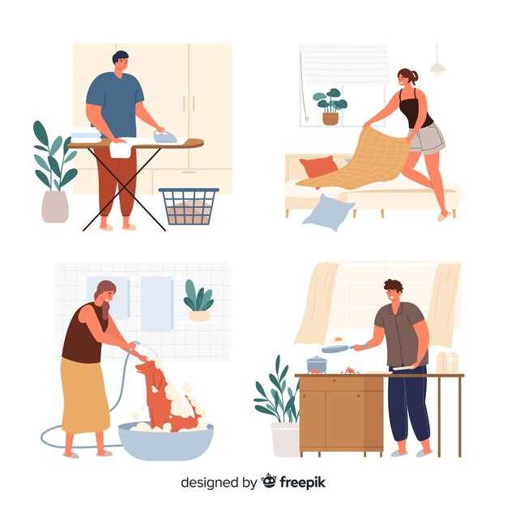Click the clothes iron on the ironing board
tap(165, 136)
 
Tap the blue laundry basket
tap(190, 207)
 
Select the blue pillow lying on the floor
tap(328, 212)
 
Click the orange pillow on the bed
tap(318, 167)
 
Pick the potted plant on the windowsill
tap(330, 106)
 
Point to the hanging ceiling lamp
tap(437, 67)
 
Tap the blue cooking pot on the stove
tap(317, 364)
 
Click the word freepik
tap(303, 483)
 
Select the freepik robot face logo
tap(269, 481)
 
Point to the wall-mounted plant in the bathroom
tap(198, 300)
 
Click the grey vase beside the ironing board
tap(55, 207)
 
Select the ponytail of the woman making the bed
tap(415, 76)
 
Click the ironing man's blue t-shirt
tap(116, 104)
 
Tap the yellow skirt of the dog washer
tap(85, 395)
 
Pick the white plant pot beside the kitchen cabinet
tap(285, 440)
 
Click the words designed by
tap(219, 483)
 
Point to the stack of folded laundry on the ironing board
tap(85, 137)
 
